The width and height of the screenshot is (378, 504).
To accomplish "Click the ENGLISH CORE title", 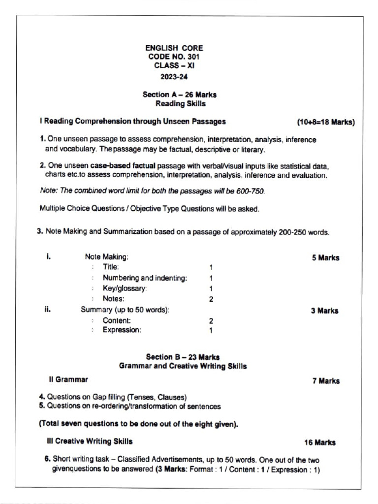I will (x=174, y=48).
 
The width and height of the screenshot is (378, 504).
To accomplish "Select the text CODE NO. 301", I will (x=174, y=57).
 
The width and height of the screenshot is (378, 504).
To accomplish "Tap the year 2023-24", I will (x=174, y=76).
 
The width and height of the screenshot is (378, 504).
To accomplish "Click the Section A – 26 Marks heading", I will (x=179, y=94).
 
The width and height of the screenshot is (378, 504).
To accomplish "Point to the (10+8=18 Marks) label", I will (x=325, y=122).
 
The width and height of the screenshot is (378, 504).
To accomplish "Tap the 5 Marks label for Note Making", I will (x=325, y=257).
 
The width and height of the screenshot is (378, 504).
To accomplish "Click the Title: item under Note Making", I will (x=111, y=267).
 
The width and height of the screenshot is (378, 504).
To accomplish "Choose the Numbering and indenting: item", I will (x=145, y=278).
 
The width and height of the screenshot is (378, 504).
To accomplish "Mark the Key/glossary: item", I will (x=125, y=288).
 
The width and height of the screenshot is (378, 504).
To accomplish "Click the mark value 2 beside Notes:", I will (x=211, y=299).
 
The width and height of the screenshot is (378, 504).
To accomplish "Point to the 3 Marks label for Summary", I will (x=324, y=311).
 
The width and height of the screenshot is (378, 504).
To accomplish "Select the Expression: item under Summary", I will (x=122, y=330).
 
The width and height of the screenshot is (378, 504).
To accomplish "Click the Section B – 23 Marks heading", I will (x=183, y=357).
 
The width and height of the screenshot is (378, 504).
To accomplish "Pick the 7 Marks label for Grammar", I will (x=325, y=381).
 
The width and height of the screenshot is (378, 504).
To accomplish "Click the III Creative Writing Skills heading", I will (x=89, y=441).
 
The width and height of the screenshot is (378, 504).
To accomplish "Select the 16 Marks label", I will (x=319, y=442).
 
